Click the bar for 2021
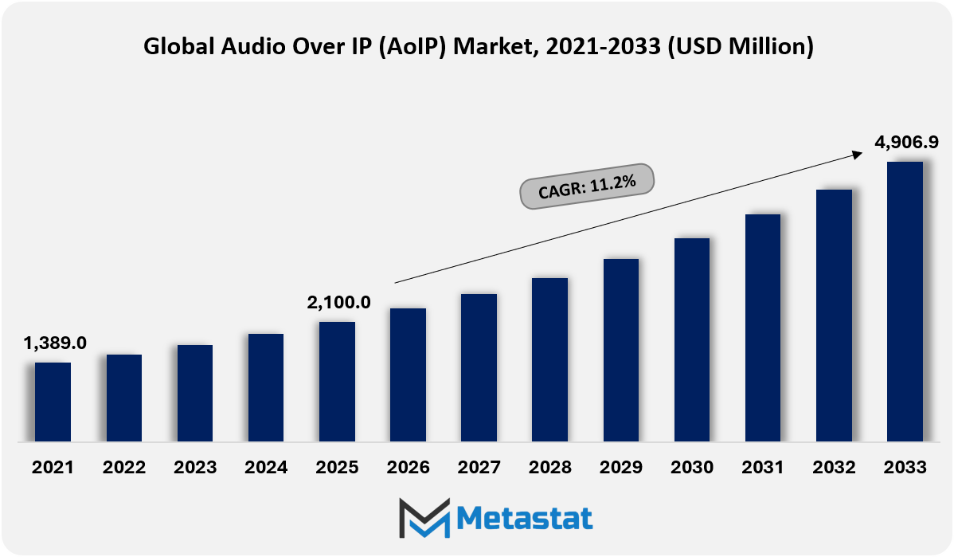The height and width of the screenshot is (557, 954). pyautogui.click(x=53, y=402)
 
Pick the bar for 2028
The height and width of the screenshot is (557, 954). pyautogui.click(x=549, y=359)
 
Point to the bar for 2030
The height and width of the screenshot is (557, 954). pyautogui.click(x=692, y=339)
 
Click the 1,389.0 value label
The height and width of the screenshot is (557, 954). pyautogui.click(x=55, y=343)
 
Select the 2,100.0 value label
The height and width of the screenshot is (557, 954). pyautogui.click(x=338, y=303)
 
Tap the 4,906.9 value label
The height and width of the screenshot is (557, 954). pyautogui.click(x=906, y=142)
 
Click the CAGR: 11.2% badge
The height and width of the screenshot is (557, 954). pyautogui.click(x=587, y=186)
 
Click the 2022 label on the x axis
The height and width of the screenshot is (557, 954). pyautogui.click(x=124, y=468)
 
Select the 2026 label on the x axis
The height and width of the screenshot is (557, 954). pyautogui.click(x=409, y=468)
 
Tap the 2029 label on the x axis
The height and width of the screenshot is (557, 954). pyautogui.click(x=621, y=468)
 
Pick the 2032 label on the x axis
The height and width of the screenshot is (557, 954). pyautogui.click(x=834, y=468)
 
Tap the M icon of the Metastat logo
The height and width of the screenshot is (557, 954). pyautogui.click(x=424, y=519)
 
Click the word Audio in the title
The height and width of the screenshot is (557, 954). pyautogui.click(x=241, y=47)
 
